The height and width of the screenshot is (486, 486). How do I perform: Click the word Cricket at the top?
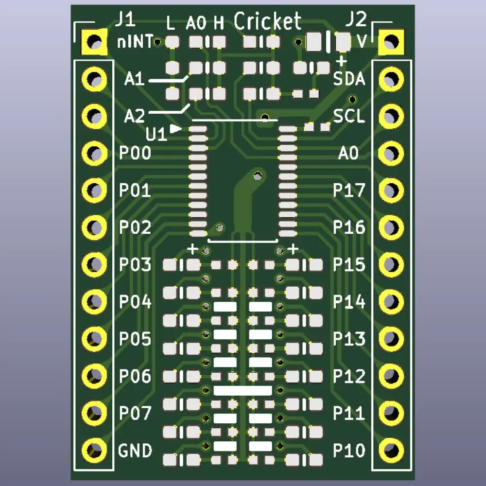pyautogui.click(x=268, y=21)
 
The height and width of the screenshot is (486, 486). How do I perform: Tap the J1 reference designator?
pyautogui.click(x=125, y=21)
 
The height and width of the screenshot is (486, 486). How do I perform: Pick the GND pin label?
pyautogui.click(x=135, y=451)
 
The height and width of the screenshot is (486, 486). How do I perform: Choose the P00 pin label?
pyautogui.click(x=135, y=154)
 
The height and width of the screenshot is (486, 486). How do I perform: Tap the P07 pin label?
pyautogui.click(x=135, y=414)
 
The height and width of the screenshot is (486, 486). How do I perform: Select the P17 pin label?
pyautogui.click(x=348, y=191)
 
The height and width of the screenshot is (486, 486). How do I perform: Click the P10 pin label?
pyautogui.click(x=348, y=451)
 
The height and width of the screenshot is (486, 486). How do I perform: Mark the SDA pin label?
pyautogui.click(x=349, y=79)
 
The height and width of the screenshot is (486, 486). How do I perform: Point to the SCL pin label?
pyautogui.click(x=348, y=117)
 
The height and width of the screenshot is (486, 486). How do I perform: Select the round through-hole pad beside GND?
pyautogui.click(x=94, y=450)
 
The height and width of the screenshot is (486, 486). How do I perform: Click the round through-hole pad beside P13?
pyautogui.click(x=391, y=338)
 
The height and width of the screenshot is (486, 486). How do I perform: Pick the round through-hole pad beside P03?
pyautogui.click(x=94, y=264)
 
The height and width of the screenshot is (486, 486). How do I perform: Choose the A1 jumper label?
pyautogui.click(x=134, y=79)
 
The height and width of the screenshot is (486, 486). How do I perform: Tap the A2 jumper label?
pyautogui.click(x=134, y=116)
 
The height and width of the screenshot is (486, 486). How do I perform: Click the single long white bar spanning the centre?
pyautogui.click(x=243, y=390)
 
